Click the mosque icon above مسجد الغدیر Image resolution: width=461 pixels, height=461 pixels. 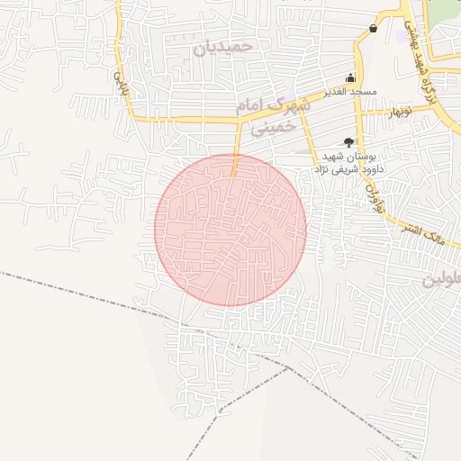[350, 78]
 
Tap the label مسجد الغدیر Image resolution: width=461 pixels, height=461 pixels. [350, 93]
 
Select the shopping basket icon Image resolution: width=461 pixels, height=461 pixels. [373, 29]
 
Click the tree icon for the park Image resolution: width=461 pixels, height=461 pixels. [348, 142]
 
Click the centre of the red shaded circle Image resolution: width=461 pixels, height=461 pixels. [230, 230]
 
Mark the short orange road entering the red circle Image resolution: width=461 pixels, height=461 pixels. [236, 162]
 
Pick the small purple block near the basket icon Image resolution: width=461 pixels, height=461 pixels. [401, 37]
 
